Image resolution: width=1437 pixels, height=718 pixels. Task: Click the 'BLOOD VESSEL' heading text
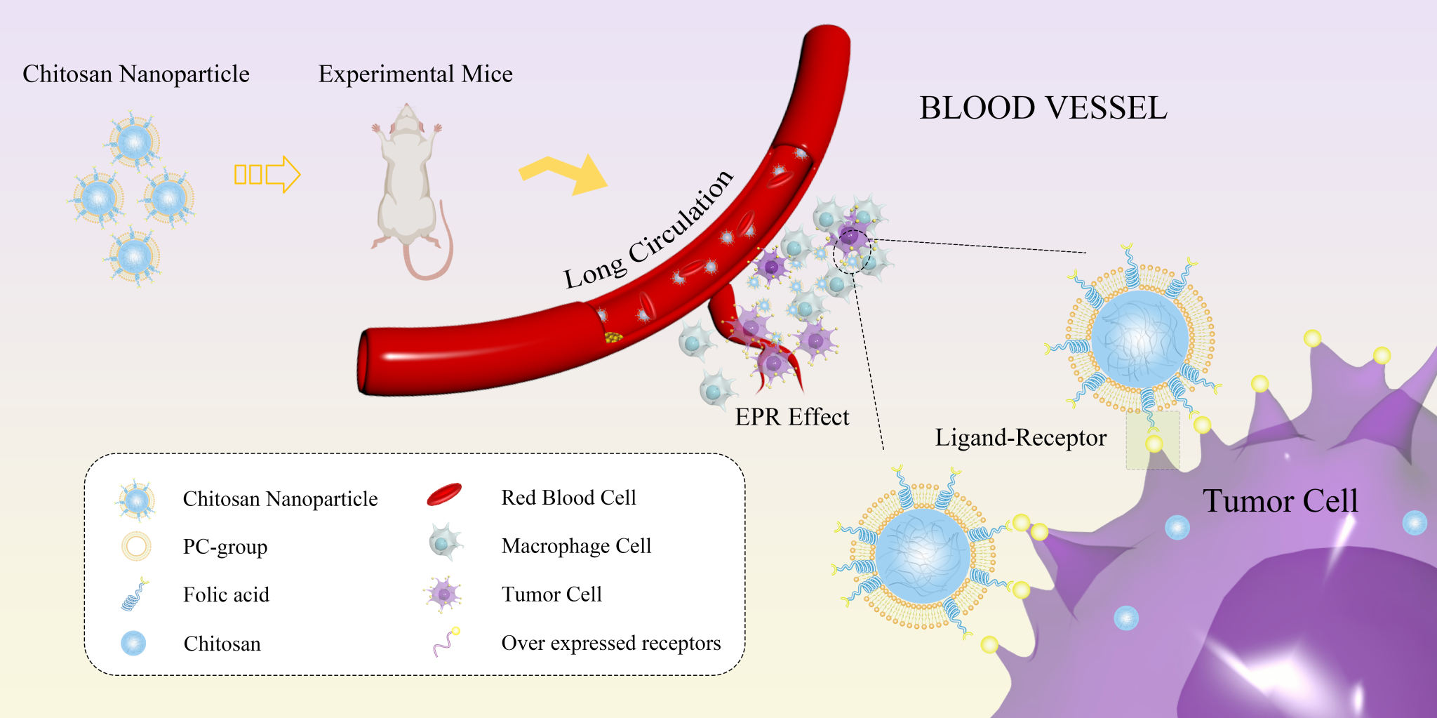coord(1043,108)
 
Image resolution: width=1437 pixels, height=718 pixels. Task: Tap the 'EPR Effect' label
coord(791,417)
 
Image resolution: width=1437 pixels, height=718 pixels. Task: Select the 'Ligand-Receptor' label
coord(1020,437)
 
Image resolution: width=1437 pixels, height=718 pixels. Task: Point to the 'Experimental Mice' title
coord(415,74)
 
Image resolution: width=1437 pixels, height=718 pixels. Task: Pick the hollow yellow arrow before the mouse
coord(267,174)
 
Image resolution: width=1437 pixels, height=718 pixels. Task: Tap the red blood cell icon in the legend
coord(444,495)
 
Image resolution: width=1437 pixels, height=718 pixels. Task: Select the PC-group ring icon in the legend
coord(136,546)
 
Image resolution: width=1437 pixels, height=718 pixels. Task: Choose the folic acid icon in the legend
coord(135,595)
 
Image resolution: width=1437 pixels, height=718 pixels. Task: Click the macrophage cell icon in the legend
coord(445,542)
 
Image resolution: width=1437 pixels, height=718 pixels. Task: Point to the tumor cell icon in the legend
coord(443,594)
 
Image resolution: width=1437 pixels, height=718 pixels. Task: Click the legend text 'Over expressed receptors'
coord(610,643)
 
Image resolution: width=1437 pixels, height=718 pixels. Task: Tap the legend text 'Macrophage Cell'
coord(576,545)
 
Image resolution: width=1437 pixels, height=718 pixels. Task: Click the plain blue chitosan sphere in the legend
coord(133,643)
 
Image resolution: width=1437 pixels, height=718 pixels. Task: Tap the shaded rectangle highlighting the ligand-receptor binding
coord(1153,440)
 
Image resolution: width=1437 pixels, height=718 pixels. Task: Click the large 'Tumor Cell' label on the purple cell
coord(1280,501)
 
